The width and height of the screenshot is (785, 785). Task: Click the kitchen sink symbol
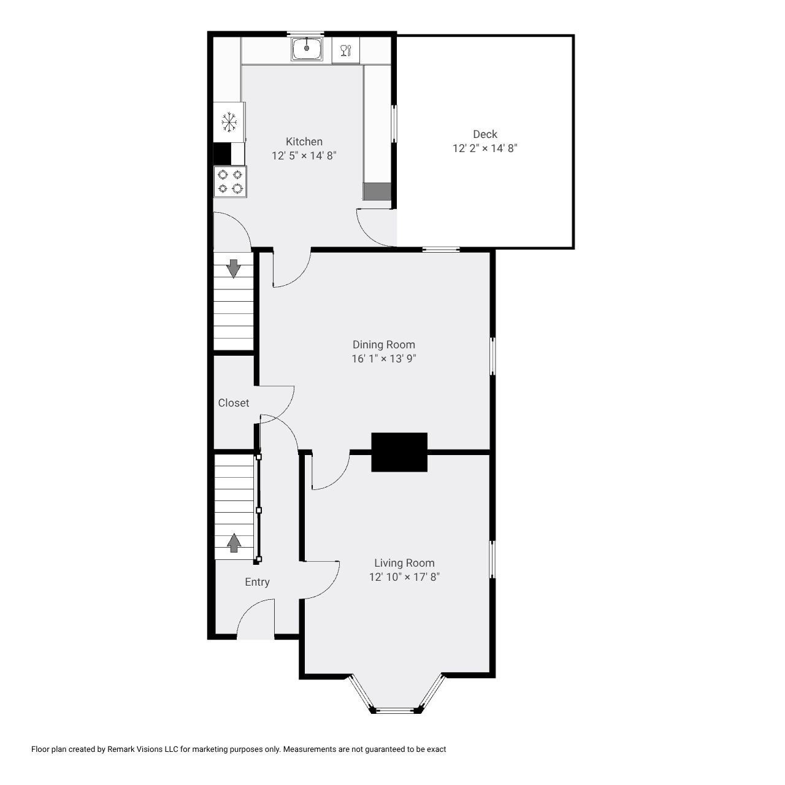(307, 48)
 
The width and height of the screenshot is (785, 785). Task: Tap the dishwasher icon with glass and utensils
(345, 50)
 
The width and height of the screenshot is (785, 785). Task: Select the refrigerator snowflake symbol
(229, 121)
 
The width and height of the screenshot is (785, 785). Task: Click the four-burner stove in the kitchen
(230, 182)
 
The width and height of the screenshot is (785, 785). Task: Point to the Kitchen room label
(304, 142)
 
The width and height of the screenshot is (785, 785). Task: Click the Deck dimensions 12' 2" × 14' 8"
(484, 148)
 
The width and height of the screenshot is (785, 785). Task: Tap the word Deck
(484, 134)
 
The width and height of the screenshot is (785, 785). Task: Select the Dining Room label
(383, 345)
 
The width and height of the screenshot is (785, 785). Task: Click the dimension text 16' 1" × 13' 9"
(383, 359)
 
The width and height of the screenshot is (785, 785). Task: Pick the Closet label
(234, 403)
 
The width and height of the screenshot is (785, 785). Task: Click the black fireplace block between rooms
(399, 452)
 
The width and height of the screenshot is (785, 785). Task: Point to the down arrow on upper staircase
(234, 269)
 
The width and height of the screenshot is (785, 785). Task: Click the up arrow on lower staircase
(234, 542)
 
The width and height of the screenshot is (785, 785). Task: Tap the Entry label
(257, 582)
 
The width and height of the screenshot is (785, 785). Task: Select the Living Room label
(404, 563)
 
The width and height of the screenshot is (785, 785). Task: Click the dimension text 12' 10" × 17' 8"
(404, 577)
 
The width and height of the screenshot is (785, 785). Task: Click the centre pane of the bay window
(396, 710)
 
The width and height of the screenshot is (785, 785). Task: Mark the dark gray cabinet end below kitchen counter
(377, 191)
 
